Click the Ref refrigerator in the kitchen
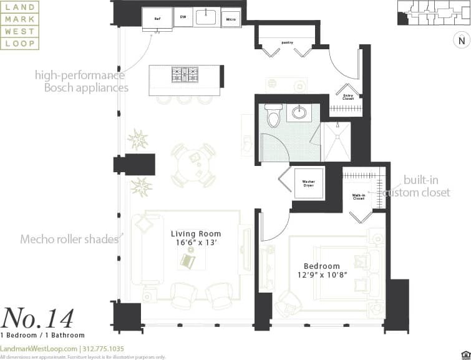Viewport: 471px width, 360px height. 158,18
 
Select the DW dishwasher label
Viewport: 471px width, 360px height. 183,17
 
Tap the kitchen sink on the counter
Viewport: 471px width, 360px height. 206,17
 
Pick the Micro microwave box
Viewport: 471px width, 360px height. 231,19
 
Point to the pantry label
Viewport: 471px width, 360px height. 287,42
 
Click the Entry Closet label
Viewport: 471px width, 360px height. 348,97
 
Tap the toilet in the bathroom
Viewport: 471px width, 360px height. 272,116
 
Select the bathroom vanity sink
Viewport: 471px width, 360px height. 299,114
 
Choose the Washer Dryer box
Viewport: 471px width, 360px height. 308,184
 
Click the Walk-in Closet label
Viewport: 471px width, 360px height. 359,197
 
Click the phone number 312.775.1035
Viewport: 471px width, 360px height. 103,349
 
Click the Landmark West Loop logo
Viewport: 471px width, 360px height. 20,25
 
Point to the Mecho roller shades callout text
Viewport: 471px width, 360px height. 69,240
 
